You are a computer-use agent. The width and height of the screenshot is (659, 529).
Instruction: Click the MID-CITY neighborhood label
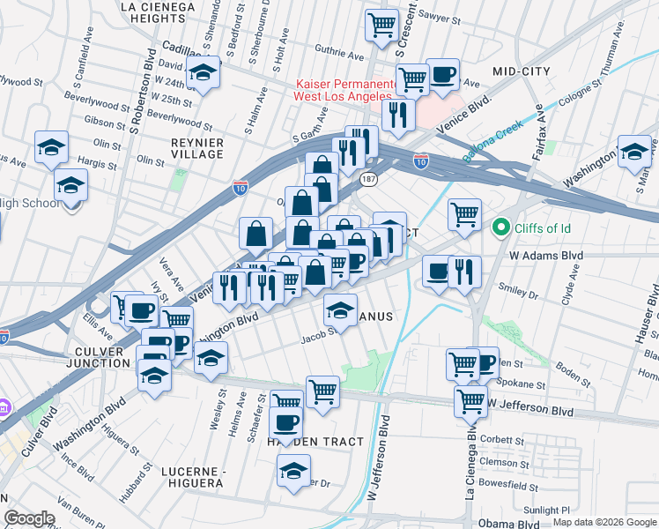click(x=521, y=71)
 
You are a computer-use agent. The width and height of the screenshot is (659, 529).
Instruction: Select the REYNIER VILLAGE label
click(x=196, y=148)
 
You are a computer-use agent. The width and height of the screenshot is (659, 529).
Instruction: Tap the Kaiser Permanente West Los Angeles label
click(x=342, y=89)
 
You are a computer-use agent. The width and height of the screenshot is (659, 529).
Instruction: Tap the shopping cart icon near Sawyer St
click(x=381, y=25)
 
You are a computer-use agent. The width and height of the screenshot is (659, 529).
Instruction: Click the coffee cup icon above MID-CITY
click(x=442, y=74)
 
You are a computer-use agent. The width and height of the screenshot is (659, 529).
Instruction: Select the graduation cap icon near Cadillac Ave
click(x=204, y=74)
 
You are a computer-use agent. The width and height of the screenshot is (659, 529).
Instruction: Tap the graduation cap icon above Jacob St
click(x=340, y=309)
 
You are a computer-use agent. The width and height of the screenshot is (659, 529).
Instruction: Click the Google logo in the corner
click(x=29, y=518)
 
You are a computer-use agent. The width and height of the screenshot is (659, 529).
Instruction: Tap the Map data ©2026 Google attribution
click(x=603, y=523)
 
